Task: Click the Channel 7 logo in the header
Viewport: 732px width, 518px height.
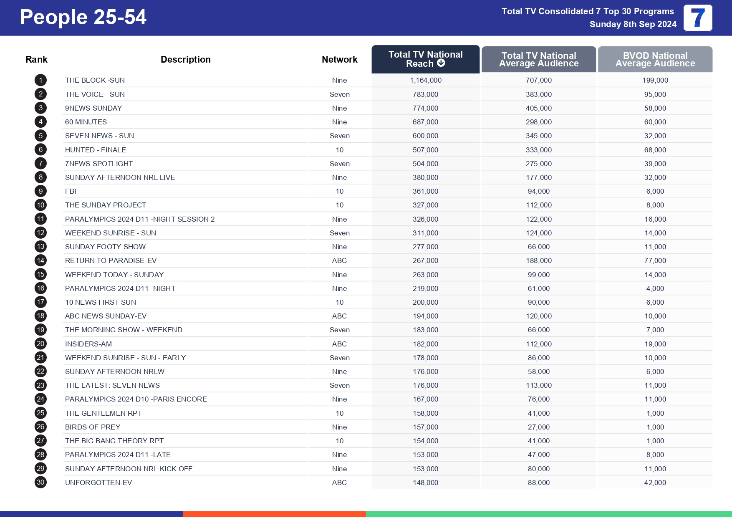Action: coord(697,18)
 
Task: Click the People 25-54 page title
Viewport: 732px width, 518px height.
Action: coord(83,18)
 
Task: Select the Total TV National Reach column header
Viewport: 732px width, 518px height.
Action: coord(425,59)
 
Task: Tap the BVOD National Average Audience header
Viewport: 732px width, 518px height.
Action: coord(655,59)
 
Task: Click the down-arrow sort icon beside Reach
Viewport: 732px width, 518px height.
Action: coord(441,63)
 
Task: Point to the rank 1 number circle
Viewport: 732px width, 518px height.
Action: coord(40,80)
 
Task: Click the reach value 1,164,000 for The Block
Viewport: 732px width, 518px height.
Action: coord(425,80)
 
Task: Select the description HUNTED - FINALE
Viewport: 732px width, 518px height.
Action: coord(95,150)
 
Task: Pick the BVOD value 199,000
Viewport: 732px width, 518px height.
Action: coord(655,80)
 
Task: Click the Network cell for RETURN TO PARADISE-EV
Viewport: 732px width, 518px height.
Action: coord(339,260)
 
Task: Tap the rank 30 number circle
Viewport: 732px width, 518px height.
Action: coord(40,483)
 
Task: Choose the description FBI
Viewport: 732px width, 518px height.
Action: coord(71,191)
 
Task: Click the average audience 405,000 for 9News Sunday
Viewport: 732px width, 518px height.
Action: coord(538,108)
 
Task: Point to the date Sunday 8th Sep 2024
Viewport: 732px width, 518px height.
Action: coord(633,24)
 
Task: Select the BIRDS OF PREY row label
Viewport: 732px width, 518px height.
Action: coord(93,427)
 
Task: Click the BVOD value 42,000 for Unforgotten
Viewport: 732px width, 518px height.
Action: coord(655,483)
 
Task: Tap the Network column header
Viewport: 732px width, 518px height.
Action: coord(339,59)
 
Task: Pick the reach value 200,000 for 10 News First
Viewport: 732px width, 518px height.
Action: coord(425,302)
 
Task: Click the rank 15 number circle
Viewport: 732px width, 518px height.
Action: coord(40,275)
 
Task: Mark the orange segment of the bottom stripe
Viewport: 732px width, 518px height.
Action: coord(274,514)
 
